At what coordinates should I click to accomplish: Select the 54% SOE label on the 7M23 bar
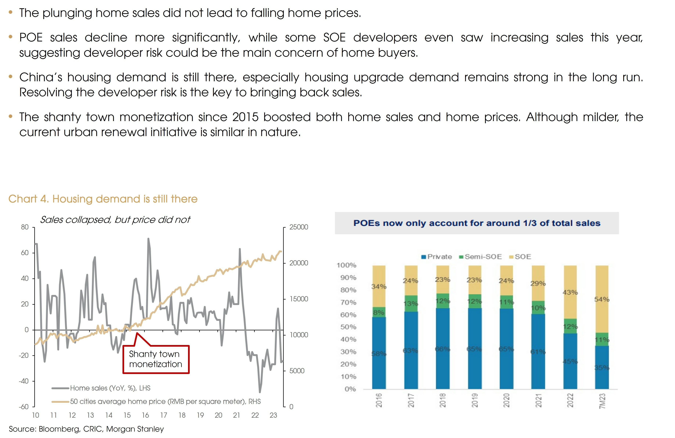602,299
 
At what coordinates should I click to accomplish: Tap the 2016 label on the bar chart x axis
379,400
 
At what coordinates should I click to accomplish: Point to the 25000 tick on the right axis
298,227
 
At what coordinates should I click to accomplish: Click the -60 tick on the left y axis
24,407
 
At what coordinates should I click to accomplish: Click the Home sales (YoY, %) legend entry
110,388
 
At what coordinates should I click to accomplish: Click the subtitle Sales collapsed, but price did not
115,220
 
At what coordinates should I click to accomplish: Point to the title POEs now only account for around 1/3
477,223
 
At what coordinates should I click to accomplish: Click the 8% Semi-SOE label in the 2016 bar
379,312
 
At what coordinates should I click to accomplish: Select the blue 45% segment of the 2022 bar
570,361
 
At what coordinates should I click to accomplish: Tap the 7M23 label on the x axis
602,401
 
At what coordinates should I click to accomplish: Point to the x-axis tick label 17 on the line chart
164,415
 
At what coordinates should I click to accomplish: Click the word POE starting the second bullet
31,37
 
